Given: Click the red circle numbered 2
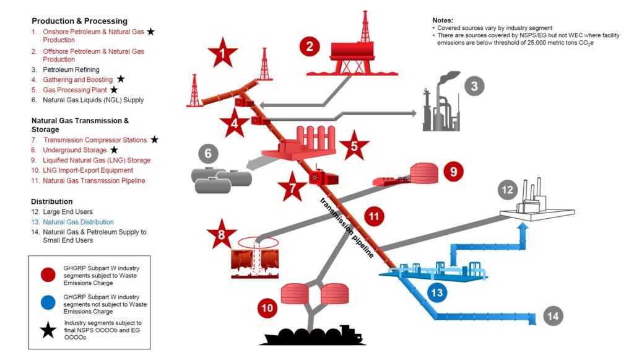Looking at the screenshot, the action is point(310,46).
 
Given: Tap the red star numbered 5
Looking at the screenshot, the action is point(354,146).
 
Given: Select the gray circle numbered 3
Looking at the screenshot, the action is point(474,86).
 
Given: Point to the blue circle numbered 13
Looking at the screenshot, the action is point(437,292).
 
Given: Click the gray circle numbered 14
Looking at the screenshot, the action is point(553,316).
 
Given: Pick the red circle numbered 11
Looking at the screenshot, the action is point(373,216).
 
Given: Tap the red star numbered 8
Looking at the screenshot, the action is point(222,234).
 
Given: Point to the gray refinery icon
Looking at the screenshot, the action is point(441,102).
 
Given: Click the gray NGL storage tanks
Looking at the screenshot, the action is point(221,179).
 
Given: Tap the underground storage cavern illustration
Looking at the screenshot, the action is point(254,258).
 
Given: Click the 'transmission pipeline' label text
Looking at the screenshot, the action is point(347,228).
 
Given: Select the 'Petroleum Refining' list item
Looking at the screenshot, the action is point(71,69).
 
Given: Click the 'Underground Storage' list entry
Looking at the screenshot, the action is point(75,150).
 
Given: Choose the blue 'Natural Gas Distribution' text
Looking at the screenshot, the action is point(79,222).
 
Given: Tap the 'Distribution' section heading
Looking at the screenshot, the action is point(52,201).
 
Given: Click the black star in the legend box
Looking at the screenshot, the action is point(48,330).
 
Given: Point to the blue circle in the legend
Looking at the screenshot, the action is point(48,302).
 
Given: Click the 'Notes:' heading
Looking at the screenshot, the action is point(443,20).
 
